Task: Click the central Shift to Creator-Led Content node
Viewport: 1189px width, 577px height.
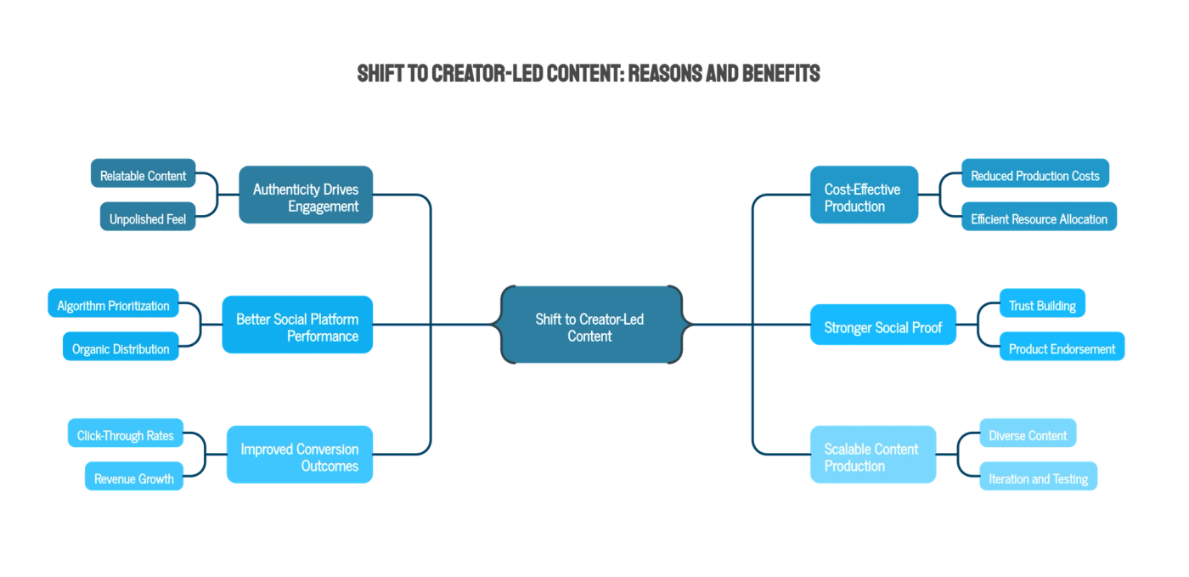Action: point(589,326)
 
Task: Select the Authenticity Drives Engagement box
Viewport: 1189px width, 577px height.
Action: point(306,196)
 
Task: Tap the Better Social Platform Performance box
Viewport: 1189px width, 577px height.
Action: point(296,326)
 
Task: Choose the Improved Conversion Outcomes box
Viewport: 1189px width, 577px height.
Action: point(299,456)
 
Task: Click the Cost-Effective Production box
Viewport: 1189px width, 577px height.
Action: point(864,196)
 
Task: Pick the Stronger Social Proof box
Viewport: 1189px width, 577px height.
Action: point(882,326)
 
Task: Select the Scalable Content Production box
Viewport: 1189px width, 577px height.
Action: point(873,456)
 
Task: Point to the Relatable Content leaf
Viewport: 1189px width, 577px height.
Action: point(144,175)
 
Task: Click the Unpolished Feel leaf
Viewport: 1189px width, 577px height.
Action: point(148,218)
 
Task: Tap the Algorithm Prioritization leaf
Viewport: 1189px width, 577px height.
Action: point(113,305)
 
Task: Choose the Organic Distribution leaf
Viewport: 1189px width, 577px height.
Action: point(121,348)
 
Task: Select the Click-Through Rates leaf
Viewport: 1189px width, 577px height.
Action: point(125,435)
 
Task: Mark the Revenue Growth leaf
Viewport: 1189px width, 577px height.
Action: point(134,478)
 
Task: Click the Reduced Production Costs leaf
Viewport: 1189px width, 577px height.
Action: point(1034,175)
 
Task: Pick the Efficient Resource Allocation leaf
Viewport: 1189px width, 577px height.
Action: point(1039,218)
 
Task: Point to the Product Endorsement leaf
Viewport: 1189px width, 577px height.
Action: point(1062,348)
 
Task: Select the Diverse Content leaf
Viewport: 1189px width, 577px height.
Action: point(1028,435)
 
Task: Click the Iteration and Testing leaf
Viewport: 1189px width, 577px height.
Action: point(1038,478)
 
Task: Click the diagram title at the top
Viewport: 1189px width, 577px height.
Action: point(589,74)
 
